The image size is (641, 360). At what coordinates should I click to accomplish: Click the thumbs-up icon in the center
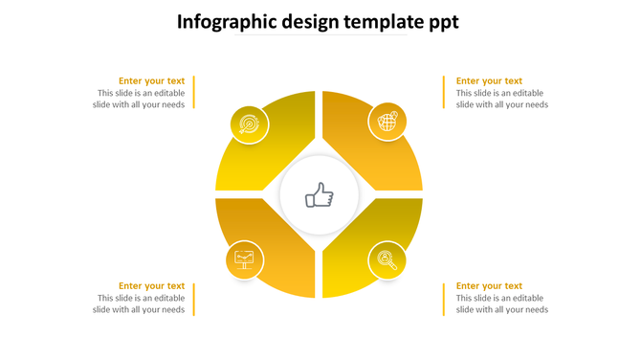click(320, 197)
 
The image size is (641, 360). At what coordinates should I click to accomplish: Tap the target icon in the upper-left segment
click(249, 124)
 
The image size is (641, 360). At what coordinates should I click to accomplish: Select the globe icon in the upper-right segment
click(387, 122)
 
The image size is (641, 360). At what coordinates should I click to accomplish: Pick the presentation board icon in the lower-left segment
click(245, 259)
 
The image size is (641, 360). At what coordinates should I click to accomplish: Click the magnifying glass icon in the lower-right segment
click(387, 259)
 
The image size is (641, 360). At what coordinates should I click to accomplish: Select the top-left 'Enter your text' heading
click(151, 81)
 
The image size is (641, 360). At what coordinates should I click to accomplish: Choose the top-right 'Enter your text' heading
click(489, 81)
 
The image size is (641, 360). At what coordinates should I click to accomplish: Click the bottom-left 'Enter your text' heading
click(151, 286)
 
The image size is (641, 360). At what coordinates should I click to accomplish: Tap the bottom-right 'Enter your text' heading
click(489, 286)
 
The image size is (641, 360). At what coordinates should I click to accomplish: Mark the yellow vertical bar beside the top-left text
click(195, 93)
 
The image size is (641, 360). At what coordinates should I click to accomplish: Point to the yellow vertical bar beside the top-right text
click(444, 93)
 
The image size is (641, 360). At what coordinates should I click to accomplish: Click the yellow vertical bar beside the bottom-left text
click(195, 299)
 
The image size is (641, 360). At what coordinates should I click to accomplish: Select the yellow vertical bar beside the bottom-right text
click(444, 299)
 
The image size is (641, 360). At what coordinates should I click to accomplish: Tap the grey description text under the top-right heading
click(501, 100)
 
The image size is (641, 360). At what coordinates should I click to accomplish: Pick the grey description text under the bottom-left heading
click(141, 304)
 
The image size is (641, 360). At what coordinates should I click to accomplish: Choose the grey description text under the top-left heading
click(141, 100)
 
